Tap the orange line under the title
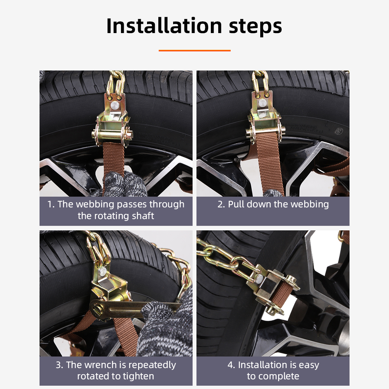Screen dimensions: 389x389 point(194,50)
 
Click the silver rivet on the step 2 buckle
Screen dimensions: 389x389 point(263,103)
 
